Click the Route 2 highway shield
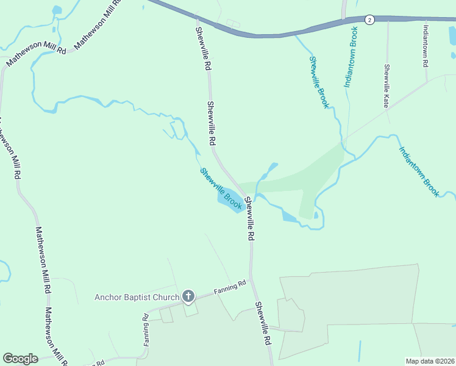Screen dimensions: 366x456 (x=369, y=20)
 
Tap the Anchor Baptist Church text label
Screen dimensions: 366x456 (x=137, y=298)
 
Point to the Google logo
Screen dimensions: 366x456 (x=20, y=359)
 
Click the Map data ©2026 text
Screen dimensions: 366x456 (x=430, y=361)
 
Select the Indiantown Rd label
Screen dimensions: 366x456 (x=426, y=46)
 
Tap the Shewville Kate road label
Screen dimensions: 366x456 (x=387, y=86)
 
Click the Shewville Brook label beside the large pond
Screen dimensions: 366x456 (x=222, y=189)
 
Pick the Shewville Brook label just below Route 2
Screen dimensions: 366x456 (x=319, y=82)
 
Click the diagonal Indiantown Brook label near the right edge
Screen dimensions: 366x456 (x=419, y=171)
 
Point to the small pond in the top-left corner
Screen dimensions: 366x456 (x=57, y=10)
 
